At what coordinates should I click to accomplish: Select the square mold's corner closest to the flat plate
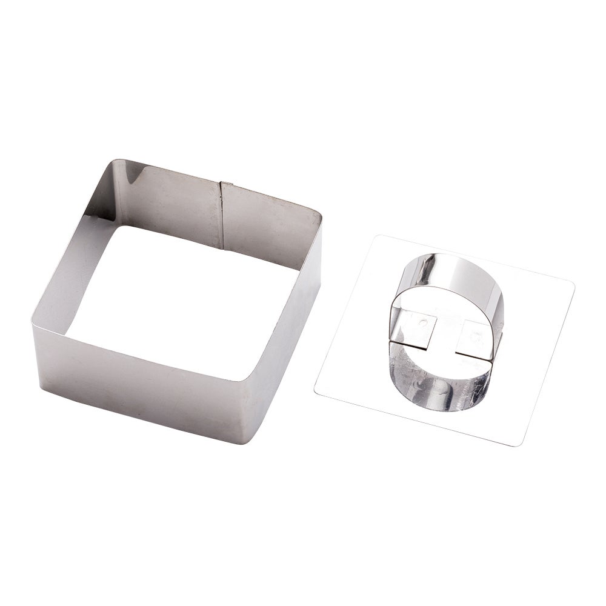pyautogui.click(x=319, y=213)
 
